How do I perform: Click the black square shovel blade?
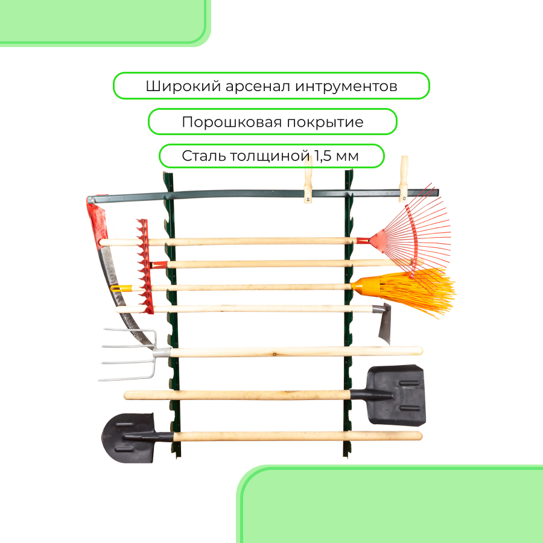coord(398,395)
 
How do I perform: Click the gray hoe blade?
coord(384,323)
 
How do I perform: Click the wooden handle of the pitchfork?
coord(290,351)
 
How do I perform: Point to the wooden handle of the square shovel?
coord(241,395)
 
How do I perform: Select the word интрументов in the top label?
coord(347,86)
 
